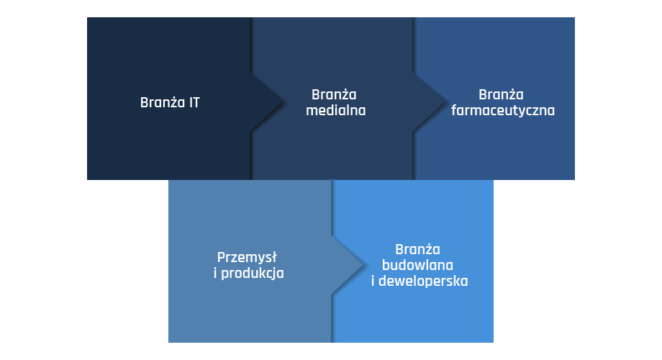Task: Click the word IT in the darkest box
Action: (194, 103)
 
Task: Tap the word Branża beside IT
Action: (163, 103)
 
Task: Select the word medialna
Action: (336, 111)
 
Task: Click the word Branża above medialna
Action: (334, 94)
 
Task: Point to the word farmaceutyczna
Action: (503, 111)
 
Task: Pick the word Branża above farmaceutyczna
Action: (501, 94)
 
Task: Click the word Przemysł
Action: (247, 257)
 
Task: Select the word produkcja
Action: (253, 274)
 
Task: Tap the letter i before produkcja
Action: (215, 273)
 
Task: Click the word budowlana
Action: (417, 266)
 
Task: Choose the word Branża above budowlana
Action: (417, 249)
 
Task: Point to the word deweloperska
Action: (423, 282)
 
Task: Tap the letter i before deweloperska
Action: (373, 282)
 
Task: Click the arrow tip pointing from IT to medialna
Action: (281, 102)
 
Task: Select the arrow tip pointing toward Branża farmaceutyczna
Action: (444, 102)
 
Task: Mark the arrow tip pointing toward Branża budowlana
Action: (363, 265)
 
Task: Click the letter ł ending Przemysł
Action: (274, 257)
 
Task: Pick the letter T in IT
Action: (196, 103)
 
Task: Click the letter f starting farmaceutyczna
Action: (453, 110)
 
